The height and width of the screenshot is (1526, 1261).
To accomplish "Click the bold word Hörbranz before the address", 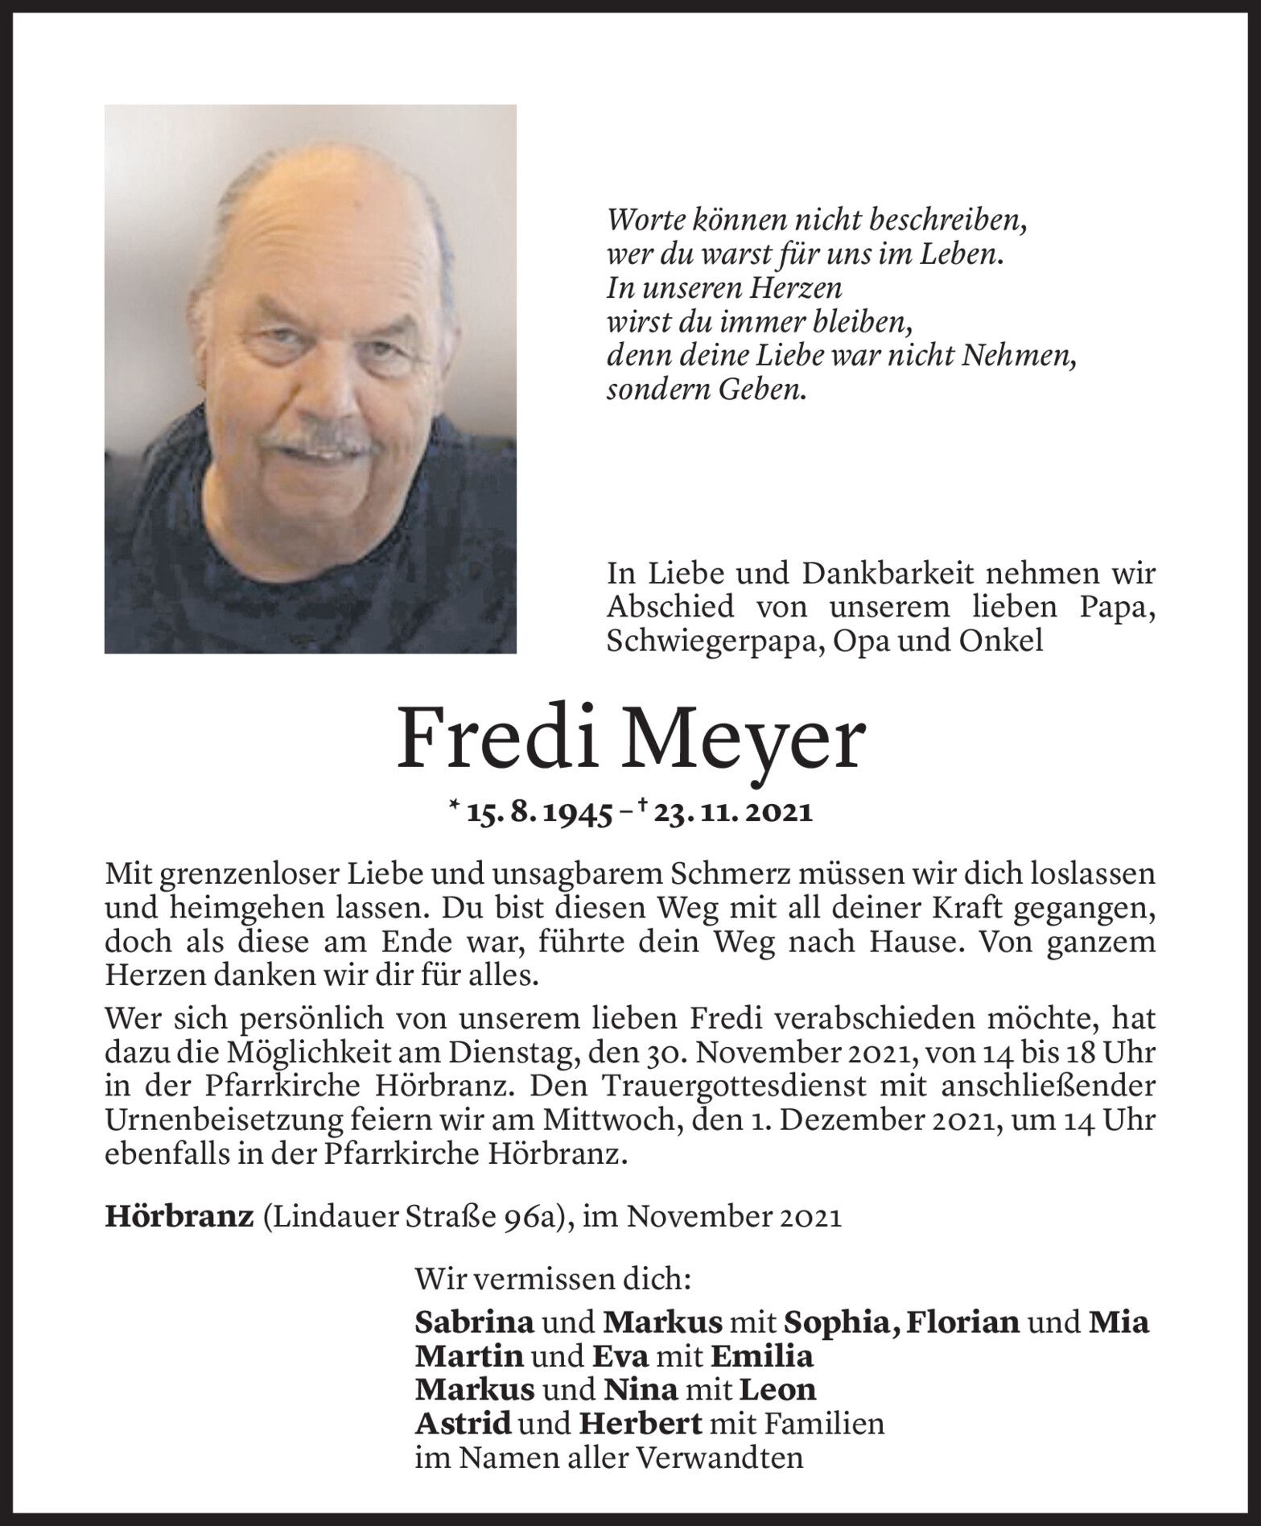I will [179, 1216].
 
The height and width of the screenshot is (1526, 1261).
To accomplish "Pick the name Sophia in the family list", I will [840, 1322].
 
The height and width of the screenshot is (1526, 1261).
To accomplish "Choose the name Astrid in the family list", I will [463, 1424].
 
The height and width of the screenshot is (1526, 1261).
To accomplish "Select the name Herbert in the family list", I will [640, 1424].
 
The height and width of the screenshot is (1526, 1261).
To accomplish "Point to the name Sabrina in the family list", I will [474, 1322].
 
